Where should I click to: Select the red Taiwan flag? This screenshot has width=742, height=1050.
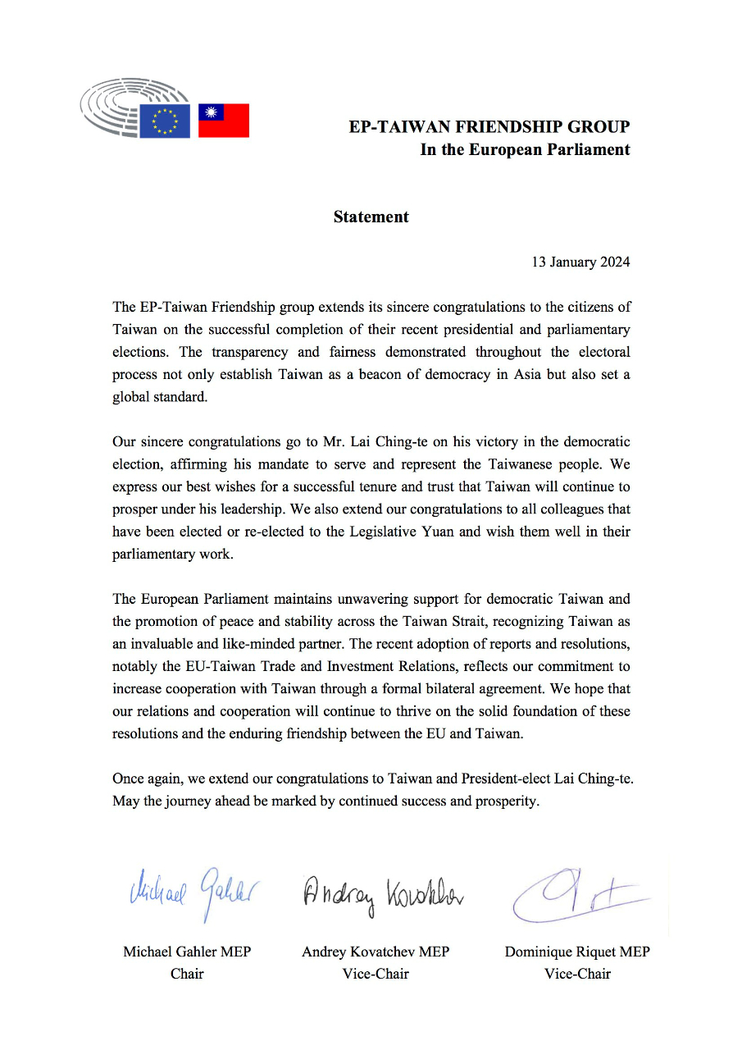(x=224, y=121)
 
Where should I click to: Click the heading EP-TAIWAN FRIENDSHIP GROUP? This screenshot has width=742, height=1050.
(x=489, y=127)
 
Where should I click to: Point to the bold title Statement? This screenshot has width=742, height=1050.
(x=371, y=217)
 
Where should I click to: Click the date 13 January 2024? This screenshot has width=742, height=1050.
(x=581, y=262)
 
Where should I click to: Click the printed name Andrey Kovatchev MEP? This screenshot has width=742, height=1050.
(x=376, y=952)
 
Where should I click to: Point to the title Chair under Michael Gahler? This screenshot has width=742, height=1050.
(x=187, y=975)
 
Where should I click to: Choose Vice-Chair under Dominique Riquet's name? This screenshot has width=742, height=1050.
(x=577, y=975)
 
